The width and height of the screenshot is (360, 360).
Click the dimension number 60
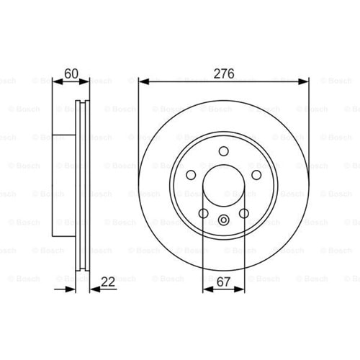click(71, 73)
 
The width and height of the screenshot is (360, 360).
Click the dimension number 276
click(224, 73)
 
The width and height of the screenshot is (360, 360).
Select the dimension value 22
click(108, 282)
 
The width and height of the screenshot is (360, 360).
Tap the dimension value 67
click(223, 282)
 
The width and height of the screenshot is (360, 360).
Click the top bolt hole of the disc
click(224, 151)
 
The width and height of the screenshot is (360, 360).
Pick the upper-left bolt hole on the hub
click(191, 175)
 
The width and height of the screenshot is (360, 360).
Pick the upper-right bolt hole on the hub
click(256, 175)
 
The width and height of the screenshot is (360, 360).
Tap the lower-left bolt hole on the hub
click(204, 213)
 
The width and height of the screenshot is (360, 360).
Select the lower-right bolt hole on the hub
click(244, 213)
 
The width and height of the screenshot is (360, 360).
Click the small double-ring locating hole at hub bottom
click(224, 220)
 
